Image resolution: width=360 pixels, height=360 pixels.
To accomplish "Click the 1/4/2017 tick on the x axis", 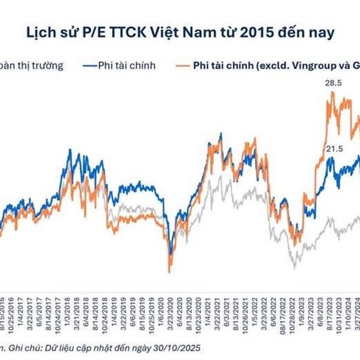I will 23,311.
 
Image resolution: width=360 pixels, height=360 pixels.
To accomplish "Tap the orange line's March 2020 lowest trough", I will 170,271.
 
